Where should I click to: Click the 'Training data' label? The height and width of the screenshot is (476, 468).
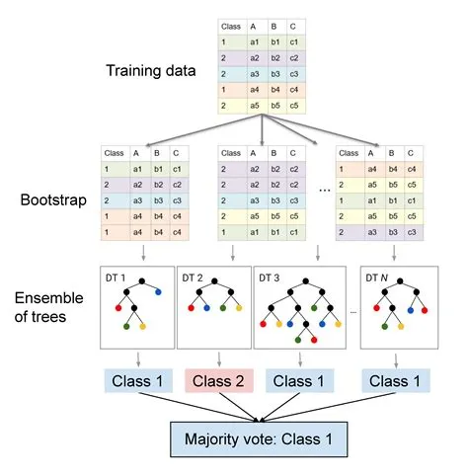pyautogui.click(x=155, y=71)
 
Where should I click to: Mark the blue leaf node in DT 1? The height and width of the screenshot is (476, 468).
pyautogui.click(x=157, y=292)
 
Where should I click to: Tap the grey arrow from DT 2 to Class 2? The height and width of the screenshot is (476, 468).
pyautogui.click(x=216, y=357)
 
